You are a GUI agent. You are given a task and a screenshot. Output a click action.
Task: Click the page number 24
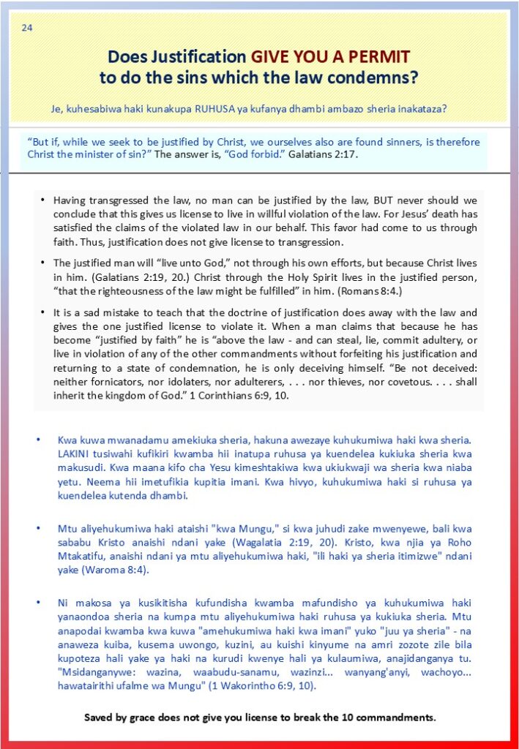26,29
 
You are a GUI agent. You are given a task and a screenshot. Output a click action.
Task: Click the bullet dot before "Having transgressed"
43,199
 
